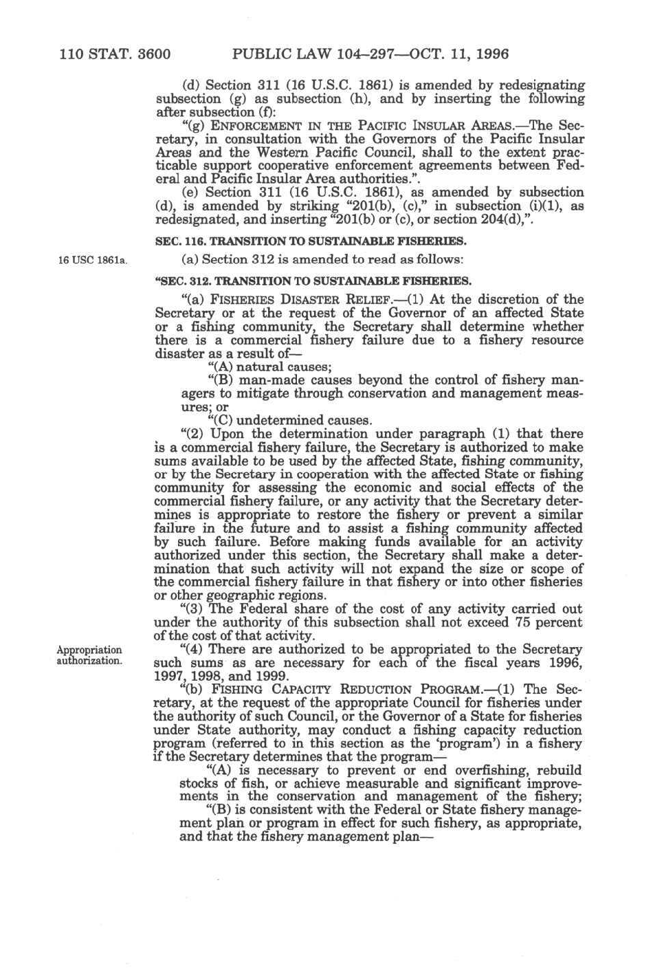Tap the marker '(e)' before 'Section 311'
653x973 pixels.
coord(192,193)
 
